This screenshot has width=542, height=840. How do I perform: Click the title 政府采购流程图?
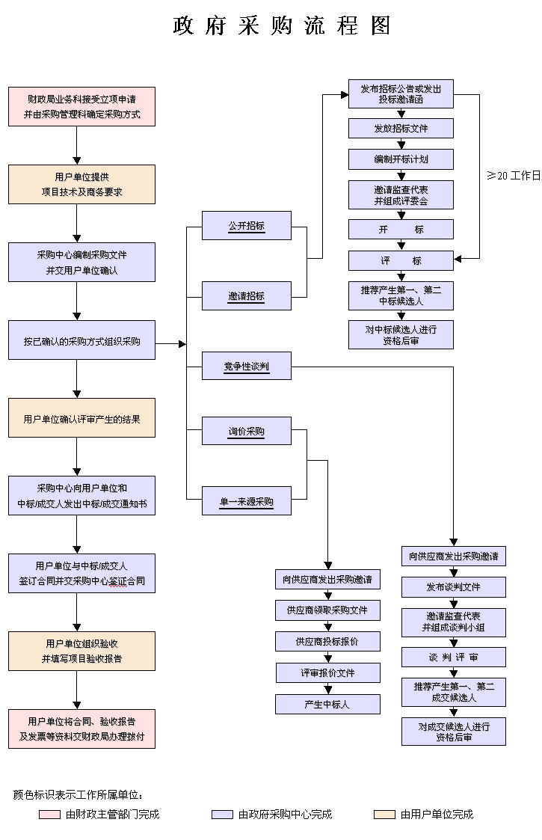[x=282, y=26]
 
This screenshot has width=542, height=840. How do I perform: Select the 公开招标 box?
[x=246, y=226]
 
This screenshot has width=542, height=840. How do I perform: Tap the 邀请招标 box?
[x=246, y=296]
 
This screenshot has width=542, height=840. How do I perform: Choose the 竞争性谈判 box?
[x=246, y=366]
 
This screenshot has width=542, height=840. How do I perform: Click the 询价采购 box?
[x=246, y=432]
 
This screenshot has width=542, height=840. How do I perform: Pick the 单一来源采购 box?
[x=246, y=501]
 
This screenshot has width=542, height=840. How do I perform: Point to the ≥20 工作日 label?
[x=514, y=176]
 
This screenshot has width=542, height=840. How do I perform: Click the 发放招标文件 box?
[x=401, y=129]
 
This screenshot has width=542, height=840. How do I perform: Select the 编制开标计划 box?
[x=401, y=160]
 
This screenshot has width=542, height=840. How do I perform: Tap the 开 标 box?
[x=401, y=230]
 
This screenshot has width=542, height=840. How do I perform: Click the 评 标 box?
[x=401, y=261]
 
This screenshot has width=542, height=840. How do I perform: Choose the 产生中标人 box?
[x=327, y=705]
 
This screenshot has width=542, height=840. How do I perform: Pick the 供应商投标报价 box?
[x=327, y=642]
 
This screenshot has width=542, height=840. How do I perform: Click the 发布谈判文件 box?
[x=453, y=587]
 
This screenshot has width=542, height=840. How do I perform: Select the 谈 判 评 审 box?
[x=453, y=657]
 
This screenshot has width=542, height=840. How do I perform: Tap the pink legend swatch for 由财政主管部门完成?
[x=49, y=815]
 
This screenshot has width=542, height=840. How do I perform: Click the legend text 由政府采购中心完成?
[x=285, y=815]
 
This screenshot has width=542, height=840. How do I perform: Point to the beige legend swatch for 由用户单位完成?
[x=384, y=815]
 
